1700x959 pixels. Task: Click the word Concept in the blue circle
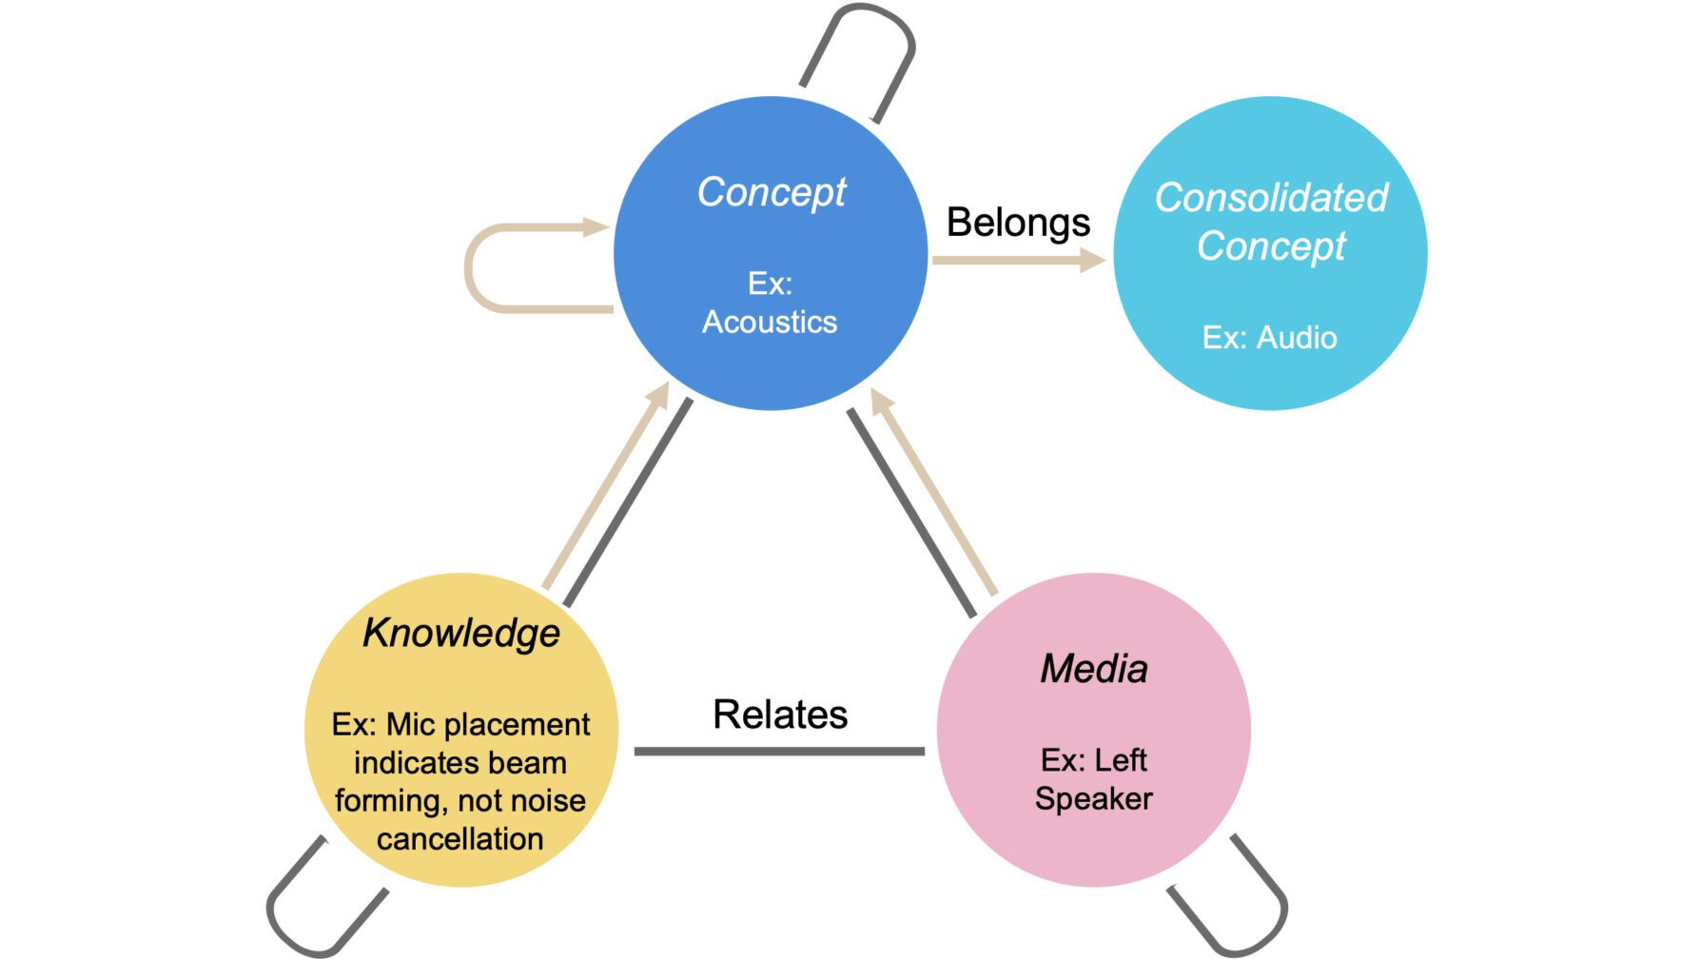click(772, 193)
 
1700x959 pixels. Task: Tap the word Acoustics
click(770, 323)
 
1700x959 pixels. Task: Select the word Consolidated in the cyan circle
click(1271, 198)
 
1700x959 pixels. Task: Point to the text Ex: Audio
click(1269, 338)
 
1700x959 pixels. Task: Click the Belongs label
click(1017, 223)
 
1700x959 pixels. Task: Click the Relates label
click(780, 714)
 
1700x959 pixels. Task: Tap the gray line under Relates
click(779, 752)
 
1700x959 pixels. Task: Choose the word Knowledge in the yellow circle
click(461, 633)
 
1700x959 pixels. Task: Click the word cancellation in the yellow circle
click(459, 839)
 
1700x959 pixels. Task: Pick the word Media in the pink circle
click(1094, 669)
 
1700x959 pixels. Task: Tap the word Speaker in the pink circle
click(1093, 799)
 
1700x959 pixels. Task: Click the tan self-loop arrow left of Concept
click(471, 268)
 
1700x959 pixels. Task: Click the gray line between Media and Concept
click(911, 513)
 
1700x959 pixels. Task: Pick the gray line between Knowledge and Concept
click(629, 501)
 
